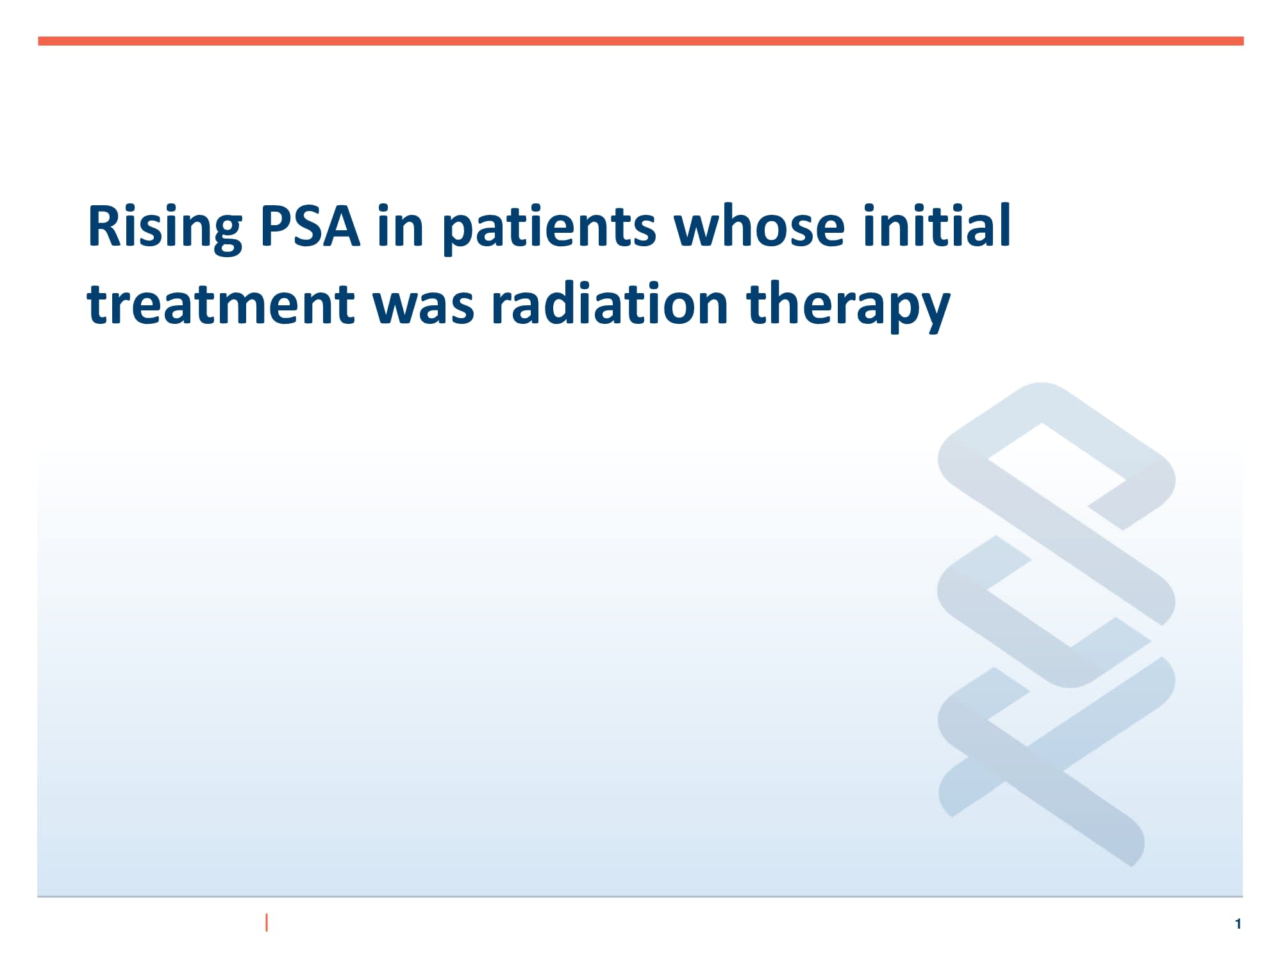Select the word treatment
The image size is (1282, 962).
coord(221,304)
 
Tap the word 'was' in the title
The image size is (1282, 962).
coord(424,304)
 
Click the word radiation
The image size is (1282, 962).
coord(610,304)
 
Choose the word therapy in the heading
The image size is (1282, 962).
coord(848,304)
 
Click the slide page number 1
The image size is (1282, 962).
coord(1238,924)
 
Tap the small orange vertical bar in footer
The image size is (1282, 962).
coord(267,922)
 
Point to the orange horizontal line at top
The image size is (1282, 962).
coord(641,41)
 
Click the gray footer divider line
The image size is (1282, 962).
coord(641,896)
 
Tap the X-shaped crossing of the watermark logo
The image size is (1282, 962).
coord(1026,747)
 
